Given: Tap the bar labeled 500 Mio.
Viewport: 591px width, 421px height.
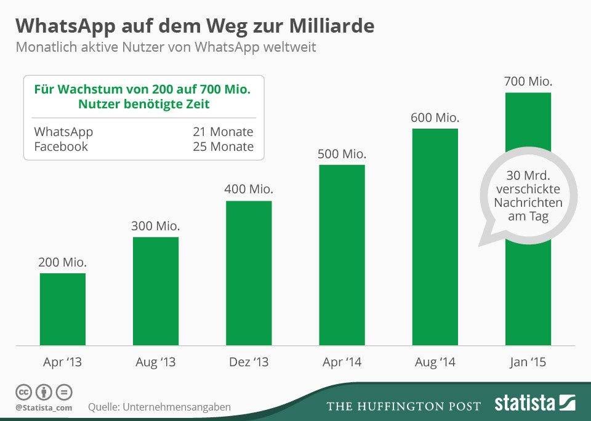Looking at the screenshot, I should (342, 255).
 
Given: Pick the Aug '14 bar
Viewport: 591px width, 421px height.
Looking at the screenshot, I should (435, 237).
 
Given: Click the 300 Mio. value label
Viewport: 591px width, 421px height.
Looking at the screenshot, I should (155, 226).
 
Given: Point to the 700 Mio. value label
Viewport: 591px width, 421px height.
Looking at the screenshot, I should (528, 81).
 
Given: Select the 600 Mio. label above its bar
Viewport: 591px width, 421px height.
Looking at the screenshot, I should (435, 118).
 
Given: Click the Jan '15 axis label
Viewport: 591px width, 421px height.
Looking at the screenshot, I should (528, 363).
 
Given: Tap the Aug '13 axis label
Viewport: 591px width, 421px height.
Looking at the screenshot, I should (155, 363).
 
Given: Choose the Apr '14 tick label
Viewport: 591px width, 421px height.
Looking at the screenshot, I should (342, 363).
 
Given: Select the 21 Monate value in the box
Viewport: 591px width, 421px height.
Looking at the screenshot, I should (223, 132).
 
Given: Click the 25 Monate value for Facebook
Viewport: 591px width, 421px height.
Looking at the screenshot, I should (223, 146).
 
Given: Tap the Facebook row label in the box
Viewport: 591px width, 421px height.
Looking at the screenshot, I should (61, 146).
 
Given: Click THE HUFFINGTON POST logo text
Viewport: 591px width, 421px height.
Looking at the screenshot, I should (403, 406).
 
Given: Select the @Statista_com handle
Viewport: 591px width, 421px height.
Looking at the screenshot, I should (44, 407).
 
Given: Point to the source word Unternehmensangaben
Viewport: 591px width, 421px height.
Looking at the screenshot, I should (177, 407).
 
